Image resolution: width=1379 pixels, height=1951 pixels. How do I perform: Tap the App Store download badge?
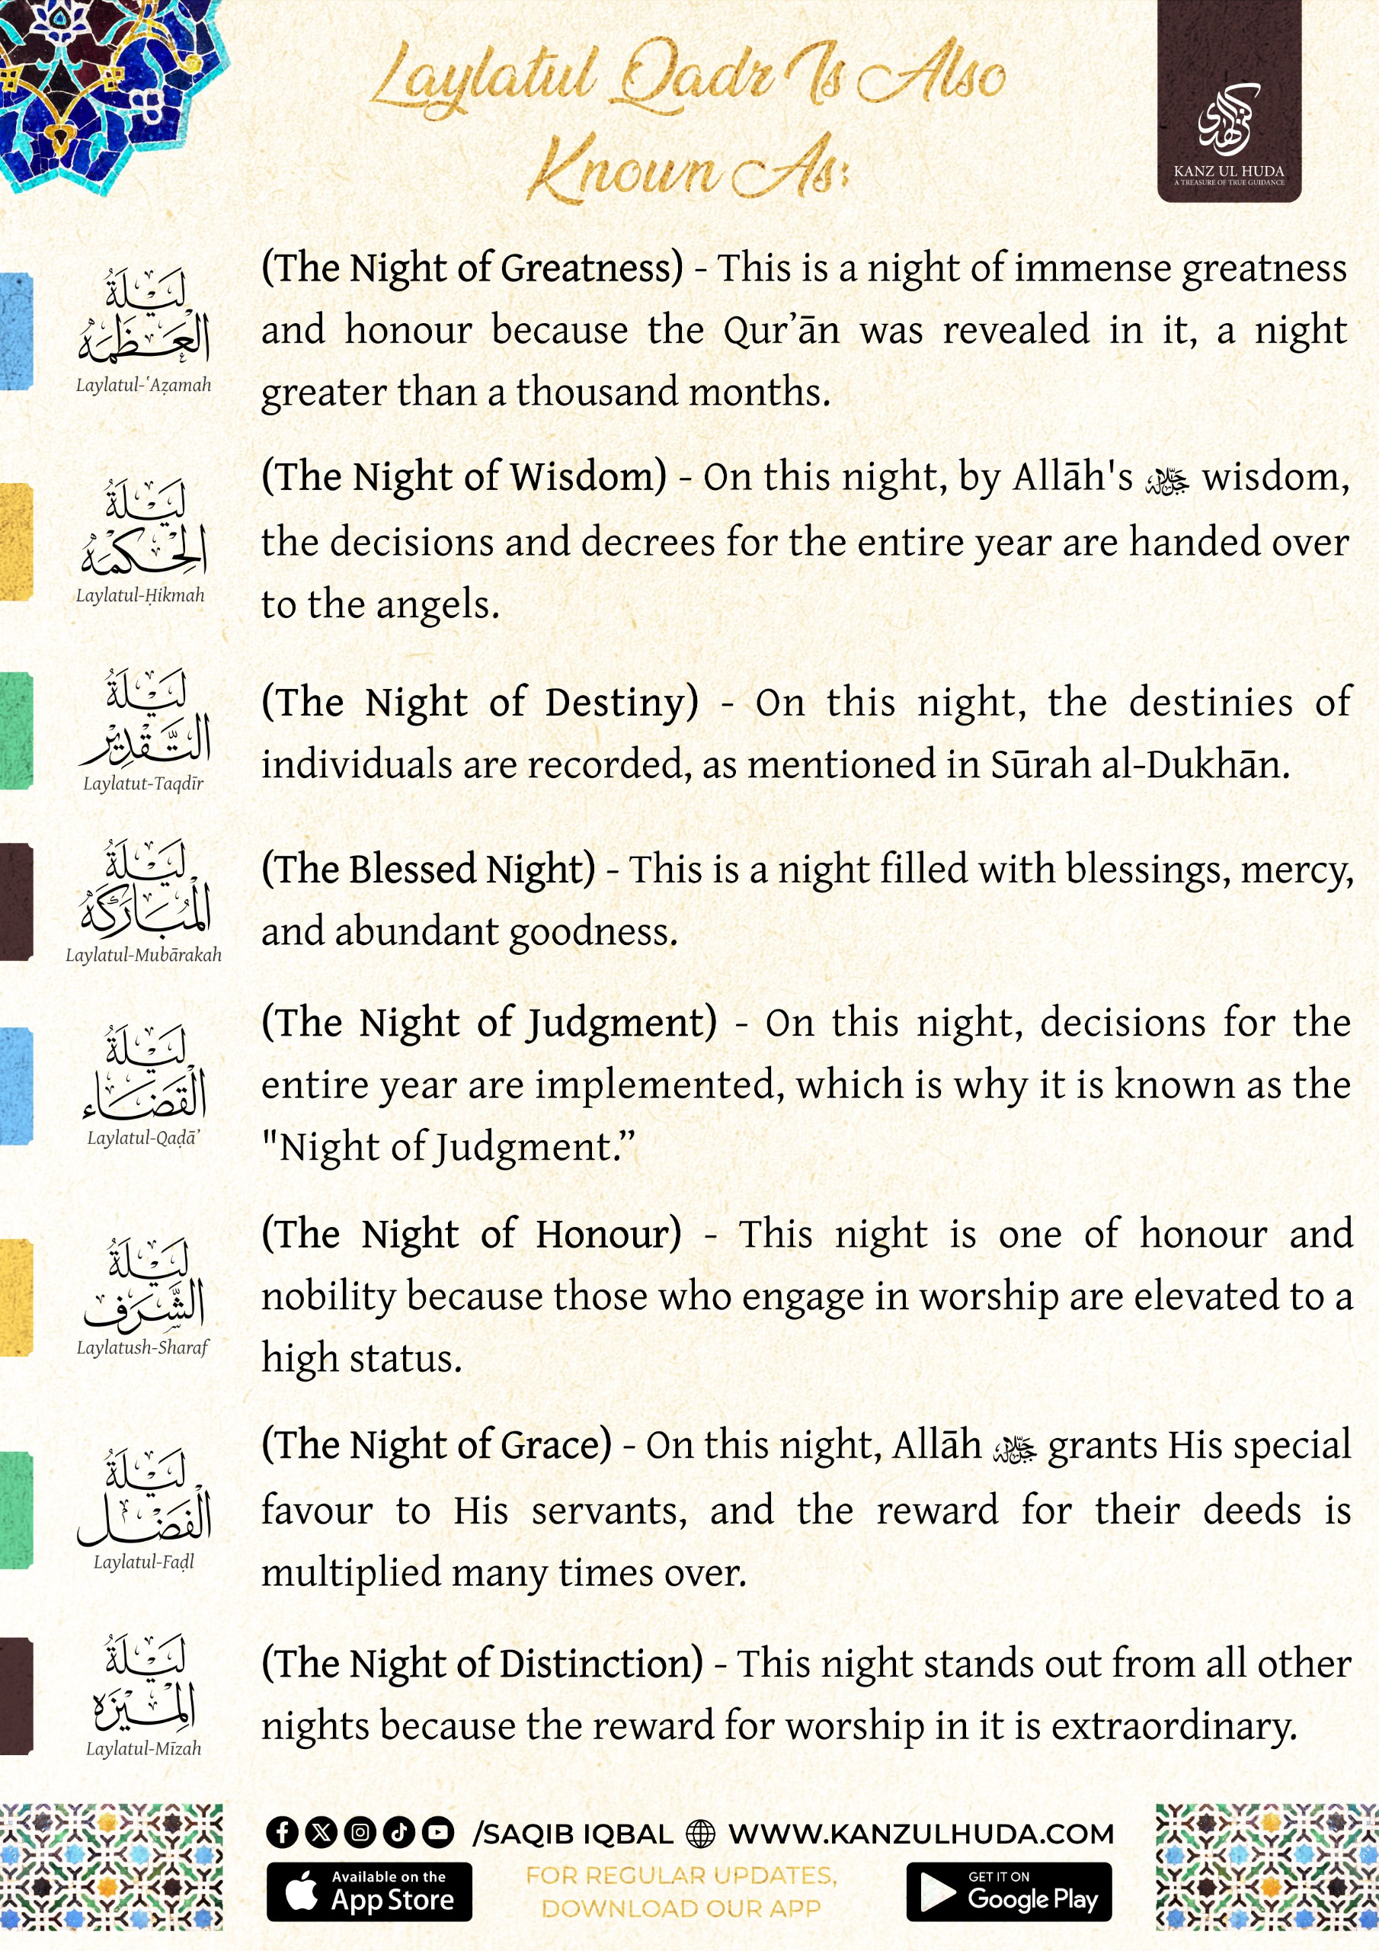coord(369,1892)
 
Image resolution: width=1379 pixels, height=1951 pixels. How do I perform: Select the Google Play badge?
coord(1009,1892)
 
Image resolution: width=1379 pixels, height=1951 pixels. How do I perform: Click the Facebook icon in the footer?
coord(282,1833)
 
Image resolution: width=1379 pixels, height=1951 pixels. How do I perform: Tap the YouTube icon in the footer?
coord(437,1833)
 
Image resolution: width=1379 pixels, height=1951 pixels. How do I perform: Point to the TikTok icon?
coord(398,1833)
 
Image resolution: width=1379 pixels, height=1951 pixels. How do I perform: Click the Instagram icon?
coord(360,1833)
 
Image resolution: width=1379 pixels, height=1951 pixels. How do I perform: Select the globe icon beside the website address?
coord(700,1834)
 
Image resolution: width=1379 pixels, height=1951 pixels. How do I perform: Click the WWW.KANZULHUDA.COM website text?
coord(921,1834)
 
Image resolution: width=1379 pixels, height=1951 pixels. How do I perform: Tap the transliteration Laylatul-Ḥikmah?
coord(141,596)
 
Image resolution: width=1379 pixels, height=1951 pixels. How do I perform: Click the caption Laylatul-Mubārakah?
coord(143,955)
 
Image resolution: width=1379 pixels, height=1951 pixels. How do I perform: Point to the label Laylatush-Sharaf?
coord(142,1347)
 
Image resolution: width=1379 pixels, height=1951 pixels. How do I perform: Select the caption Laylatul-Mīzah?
coord(143,1749)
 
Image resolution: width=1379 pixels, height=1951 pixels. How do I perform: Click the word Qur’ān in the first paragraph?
coord(781,331)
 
